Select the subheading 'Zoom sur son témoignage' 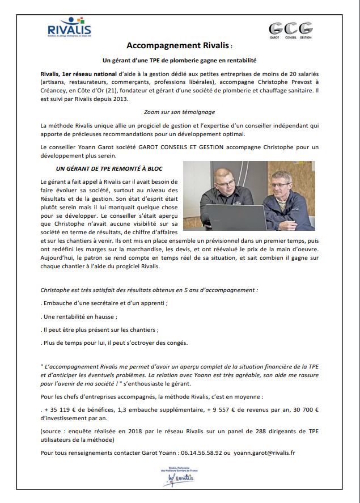coord(180,112)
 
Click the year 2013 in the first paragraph coord(121,99)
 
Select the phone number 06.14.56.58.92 coord(197,453)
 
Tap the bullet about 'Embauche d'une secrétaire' coord(104,303)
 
